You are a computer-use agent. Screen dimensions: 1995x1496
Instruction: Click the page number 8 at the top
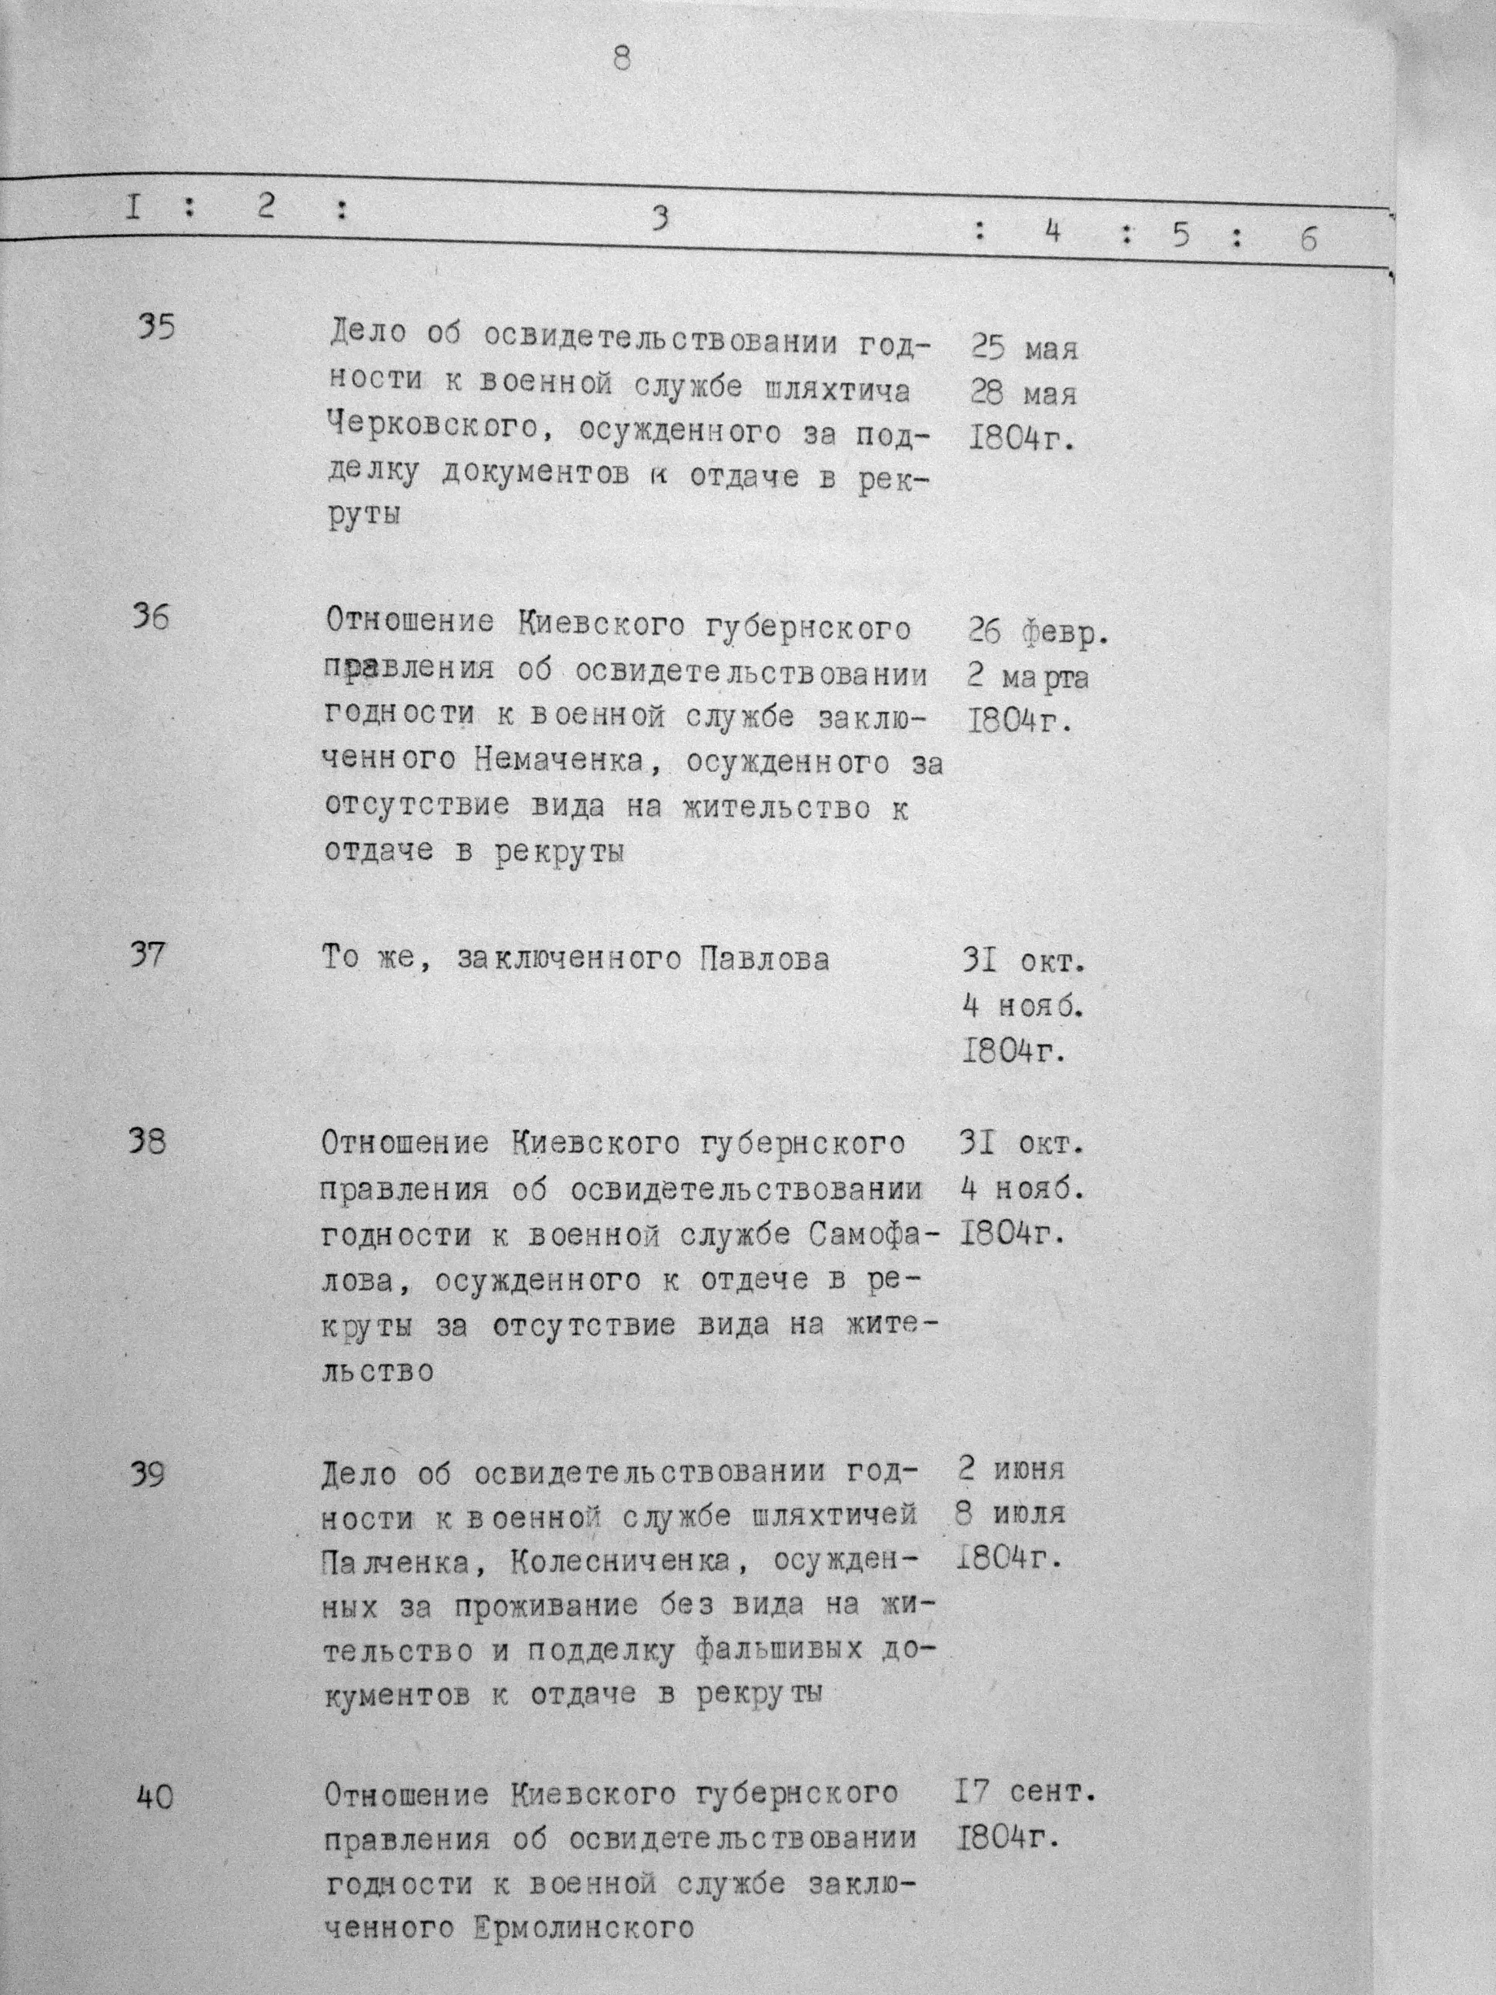621,58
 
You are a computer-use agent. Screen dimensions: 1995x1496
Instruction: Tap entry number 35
156,326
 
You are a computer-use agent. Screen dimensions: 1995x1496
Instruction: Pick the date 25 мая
1024,348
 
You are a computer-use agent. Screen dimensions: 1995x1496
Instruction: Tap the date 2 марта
1026,677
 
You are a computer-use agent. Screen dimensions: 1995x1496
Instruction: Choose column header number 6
1309,240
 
